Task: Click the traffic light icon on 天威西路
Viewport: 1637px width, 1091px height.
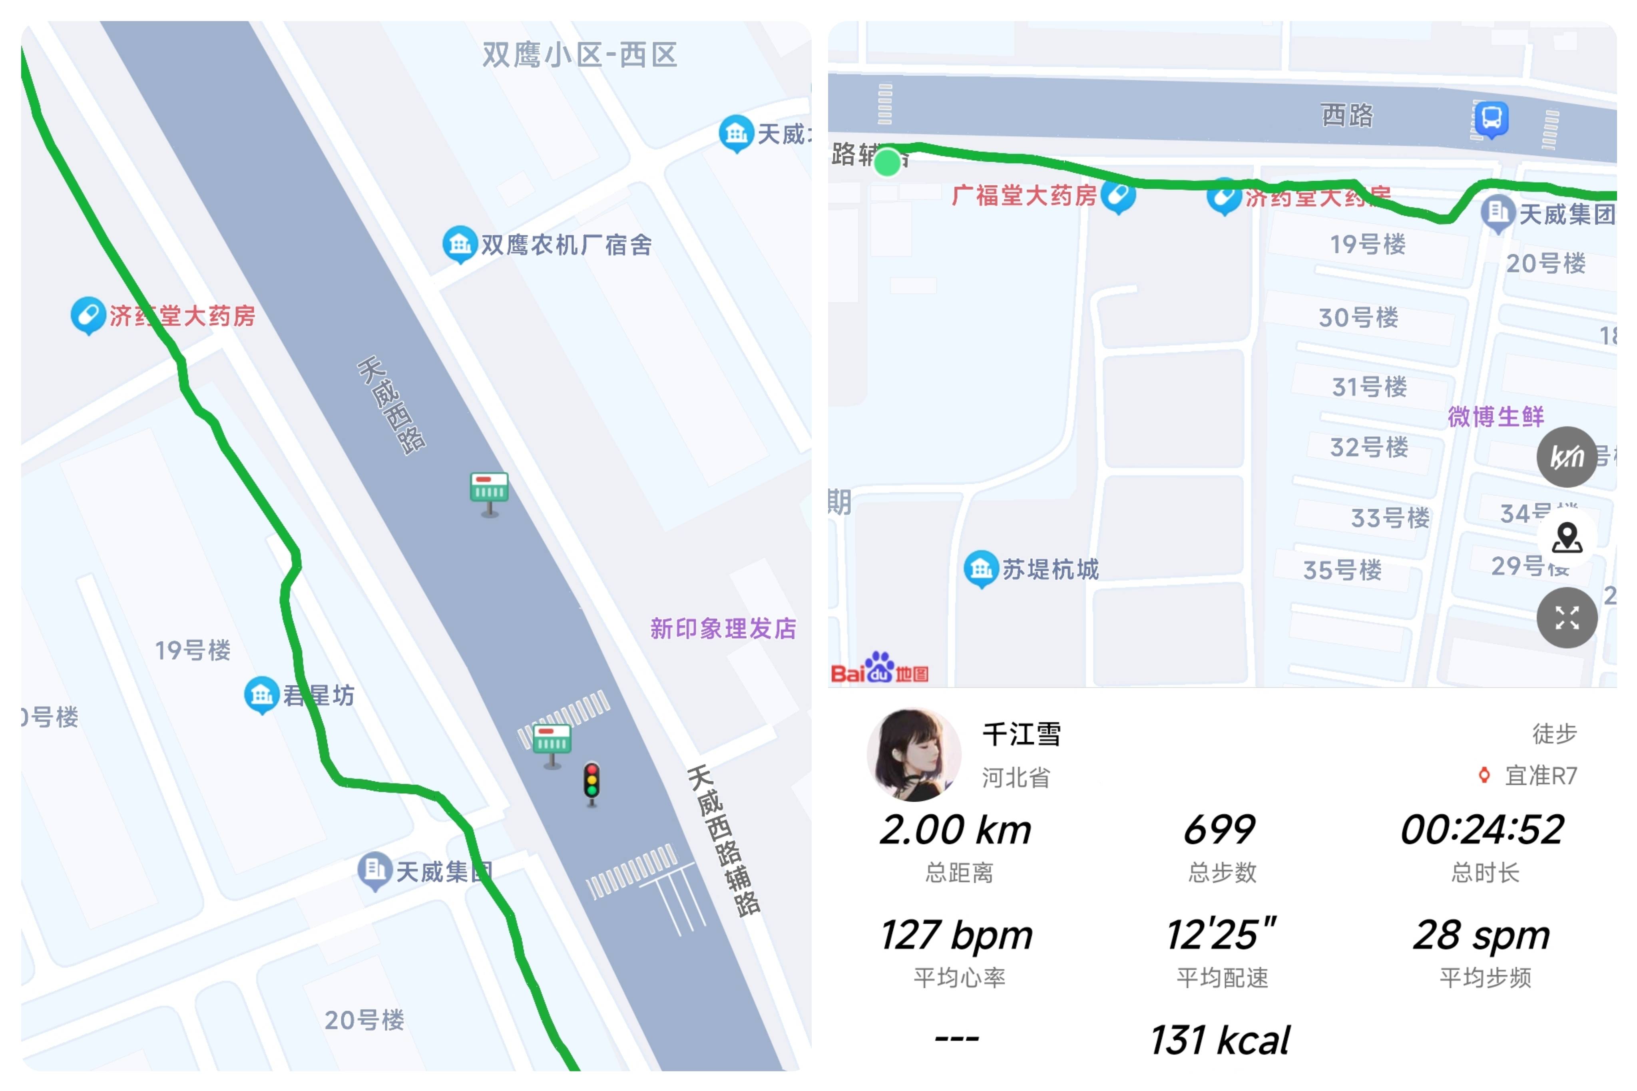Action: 591,783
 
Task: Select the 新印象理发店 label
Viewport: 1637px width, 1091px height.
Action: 723,628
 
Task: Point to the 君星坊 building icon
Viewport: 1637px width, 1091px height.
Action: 262,695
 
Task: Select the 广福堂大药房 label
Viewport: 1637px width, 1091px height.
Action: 1024,195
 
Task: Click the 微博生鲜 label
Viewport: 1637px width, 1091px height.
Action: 1496,416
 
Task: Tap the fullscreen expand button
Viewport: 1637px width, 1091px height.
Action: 1567,617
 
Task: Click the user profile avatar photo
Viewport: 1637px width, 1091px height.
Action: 914,755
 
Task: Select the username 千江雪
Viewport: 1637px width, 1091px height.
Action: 1021,734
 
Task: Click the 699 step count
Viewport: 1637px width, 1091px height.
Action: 1220,830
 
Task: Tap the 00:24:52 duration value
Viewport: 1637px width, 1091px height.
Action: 1483,830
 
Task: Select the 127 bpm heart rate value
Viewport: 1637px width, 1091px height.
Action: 957,934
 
